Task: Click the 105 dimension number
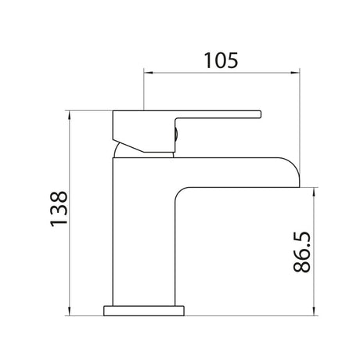[221, 60]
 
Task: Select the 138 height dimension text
[59, 209]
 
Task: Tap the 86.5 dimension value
[302, 252]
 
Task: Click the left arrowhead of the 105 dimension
[148, 73]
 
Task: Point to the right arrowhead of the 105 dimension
[295, 73]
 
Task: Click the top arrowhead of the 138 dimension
[70, 115]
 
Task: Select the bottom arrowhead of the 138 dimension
[70, 311]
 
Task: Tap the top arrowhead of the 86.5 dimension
[314, 192]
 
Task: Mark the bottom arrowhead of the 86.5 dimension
[314, 311]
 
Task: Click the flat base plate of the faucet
[144, 311]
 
